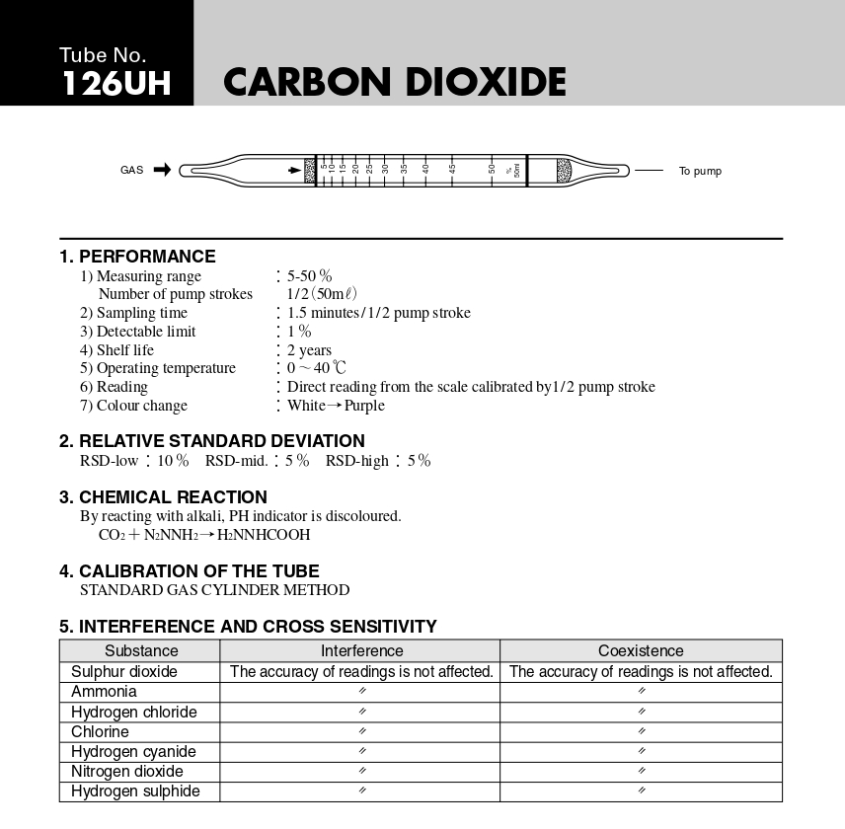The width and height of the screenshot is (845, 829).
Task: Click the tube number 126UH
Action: (x=115, y=84)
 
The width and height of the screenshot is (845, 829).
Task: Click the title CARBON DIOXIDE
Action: (x=395, y=83)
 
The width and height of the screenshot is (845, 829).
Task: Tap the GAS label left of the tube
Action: (x=131, y=171)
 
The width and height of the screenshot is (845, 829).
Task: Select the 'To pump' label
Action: (x=700, y=172)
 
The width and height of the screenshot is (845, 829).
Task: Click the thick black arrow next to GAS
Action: (x=162, y=170)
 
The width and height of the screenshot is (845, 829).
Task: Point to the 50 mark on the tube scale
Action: (x=492, y=168)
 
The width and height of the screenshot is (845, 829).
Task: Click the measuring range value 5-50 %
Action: (x=310, y=276)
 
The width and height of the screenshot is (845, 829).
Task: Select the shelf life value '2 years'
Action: (x=309, y=350)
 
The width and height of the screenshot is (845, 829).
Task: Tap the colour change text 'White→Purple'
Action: (x=336, y=406)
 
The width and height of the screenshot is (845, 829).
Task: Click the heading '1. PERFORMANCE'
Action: (x=137, y=257)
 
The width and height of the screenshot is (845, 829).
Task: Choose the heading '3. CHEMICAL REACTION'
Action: (x=163, y=497)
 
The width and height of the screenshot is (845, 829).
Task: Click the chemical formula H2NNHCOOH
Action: (x=264, y=535)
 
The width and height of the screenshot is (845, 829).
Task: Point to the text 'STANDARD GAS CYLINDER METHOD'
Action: (x=214, y=590)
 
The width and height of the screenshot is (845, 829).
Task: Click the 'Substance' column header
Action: (x=141, y=651)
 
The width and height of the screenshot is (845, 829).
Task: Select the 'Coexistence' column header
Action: (x=641, y=651)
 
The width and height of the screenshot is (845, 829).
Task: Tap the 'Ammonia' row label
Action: (x=104, y=692)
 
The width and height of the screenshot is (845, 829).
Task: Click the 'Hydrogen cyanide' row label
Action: (x=133, y=752)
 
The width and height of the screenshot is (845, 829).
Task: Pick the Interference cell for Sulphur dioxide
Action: (x=361, y=672)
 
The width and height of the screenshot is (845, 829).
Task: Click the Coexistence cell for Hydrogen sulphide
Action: (x=641, y=791)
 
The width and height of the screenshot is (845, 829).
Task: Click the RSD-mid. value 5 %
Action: (x=297, y=461)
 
